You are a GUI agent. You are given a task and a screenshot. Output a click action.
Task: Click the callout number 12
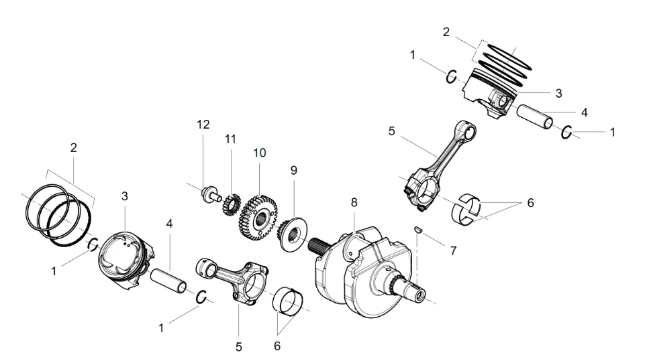click(x=203, y=125)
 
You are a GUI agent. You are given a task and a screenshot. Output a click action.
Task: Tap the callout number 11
click(x=231, y=139)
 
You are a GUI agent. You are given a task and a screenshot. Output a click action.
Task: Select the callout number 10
click(x=259, y=153)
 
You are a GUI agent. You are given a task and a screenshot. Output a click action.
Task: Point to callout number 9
click(x=293, y=171)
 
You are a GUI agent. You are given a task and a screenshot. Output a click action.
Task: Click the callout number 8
click(x=354, y=202)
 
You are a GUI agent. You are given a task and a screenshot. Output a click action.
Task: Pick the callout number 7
click(x=453, y=250)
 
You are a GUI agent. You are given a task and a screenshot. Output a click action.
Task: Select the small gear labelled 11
click(x=231, y=204)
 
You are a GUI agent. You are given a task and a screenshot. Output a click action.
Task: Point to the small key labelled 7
click(x=417, y=229)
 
